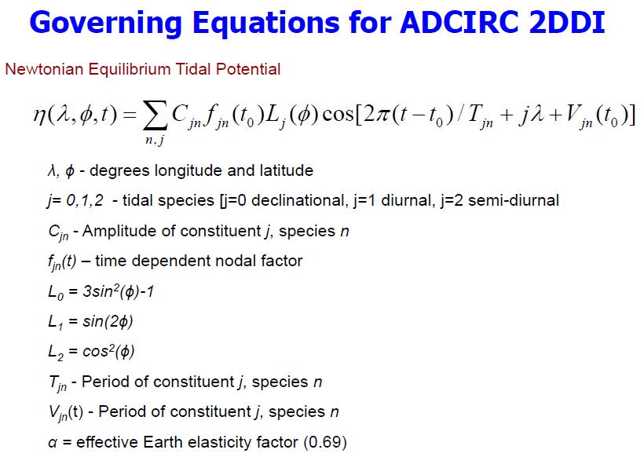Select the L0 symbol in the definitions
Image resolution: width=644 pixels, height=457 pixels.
(x=53, y=291)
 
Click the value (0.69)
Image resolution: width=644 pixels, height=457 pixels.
(x=324, y=441)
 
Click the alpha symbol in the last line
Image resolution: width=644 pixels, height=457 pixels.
(x=52, y=442)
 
